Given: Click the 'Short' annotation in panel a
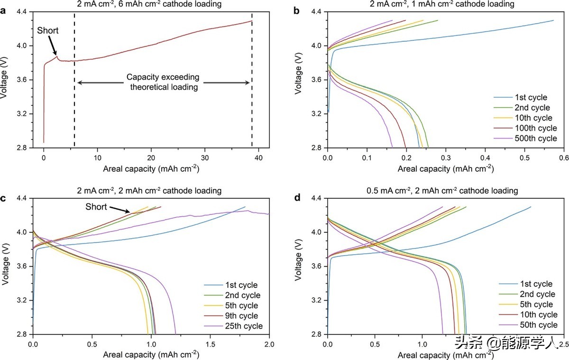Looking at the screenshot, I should coord(47,30).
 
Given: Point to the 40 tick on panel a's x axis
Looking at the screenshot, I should coord(258,157).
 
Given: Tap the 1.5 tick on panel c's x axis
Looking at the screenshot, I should coord(210,343).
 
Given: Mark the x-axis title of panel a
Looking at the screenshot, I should coord(151,168).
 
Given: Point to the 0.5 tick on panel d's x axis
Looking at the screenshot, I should coord(375,343).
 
